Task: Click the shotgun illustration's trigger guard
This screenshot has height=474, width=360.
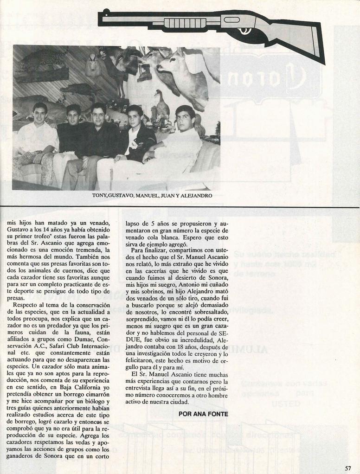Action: click(x=244, y=31)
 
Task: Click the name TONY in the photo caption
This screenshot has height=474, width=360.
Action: click(x=99, y=196)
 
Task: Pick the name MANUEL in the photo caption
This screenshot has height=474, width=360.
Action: click(x=146, y=196)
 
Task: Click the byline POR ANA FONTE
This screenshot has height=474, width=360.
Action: click(x=203, y=413)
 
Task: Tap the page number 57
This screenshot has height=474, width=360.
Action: click(x=348, y=468)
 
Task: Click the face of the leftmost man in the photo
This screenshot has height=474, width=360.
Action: click(x=40, y=114)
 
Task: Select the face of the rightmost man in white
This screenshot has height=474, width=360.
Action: click(x=184, y=120)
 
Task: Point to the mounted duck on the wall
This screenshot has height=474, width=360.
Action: click(x=161, y=107)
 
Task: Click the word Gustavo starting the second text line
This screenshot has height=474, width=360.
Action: click(x=17, y=230)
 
